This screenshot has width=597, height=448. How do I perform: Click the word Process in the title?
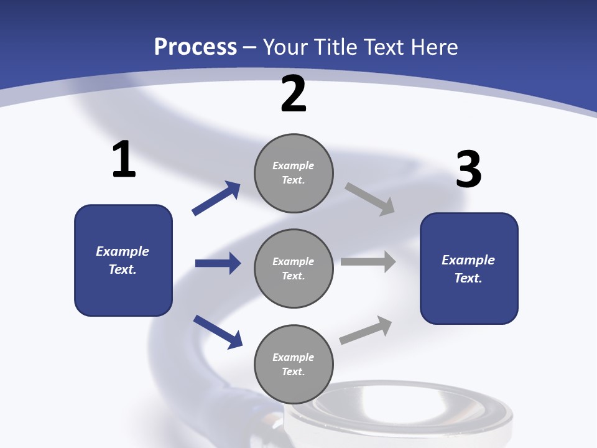click(196, 47)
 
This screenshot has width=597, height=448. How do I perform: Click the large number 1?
click(124, 159)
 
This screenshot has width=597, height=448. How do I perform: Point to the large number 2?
click(294, 93)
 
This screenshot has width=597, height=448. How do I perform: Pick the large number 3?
click(469, 169)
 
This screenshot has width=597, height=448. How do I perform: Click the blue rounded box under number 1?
click(123, 261)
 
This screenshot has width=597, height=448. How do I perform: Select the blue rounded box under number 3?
click(469, 269)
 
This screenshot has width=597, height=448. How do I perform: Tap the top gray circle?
click(294, 174)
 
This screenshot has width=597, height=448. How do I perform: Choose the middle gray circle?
click(294, 269)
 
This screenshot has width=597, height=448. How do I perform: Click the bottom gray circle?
click(294, 365)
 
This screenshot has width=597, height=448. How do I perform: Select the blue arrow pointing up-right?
click(216, 198)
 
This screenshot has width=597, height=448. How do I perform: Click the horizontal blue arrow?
click(218, 263)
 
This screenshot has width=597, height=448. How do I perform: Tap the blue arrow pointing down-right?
click(218, 332)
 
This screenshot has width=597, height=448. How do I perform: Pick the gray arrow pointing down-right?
click(369, 199)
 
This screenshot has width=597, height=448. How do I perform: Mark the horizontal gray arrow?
click(368, 261)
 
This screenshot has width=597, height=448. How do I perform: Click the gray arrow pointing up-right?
click(366, 330)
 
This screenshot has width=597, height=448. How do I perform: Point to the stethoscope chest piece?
click(398, 413)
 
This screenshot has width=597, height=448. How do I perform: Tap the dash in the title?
click(250, 49)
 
